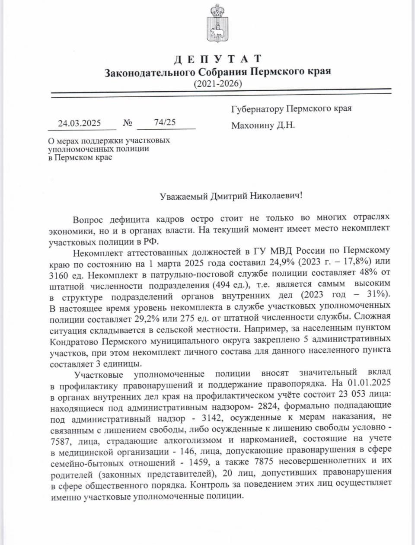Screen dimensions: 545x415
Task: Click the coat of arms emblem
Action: coord(215,22)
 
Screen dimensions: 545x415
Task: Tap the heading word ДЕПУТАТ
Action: coord(218,59)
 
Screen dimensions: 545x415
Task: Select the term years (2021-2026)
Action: coord(218,83)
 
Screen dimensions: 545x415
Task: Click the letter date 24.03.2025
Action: coord(80,123)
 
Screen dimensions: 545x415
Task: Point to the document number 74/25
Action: coord(165,122)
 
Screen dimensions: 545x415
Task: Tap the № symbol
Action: coord(128,123)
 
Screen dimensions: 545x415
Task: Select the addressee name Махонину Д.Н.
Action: coord(263,126)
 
